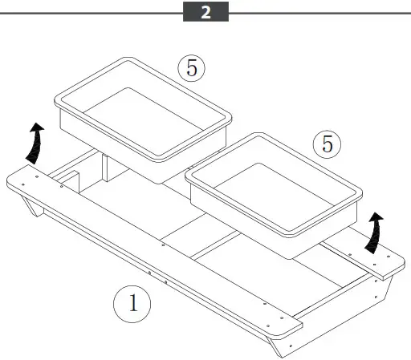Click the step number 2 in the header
205,13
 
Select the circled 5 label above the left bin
191,67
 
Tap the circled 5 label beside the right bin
326,144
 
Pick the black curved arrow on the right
374,233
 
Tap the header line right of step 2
321,13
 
